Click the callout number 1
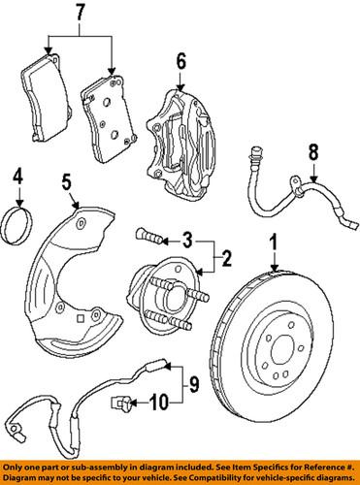coord(275,242)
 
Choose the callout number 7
coord(80,14)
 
